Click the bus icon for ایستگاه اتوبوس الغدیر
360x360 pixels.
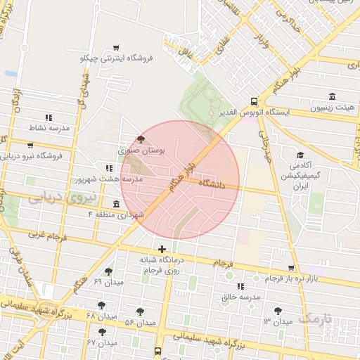[x=254, y=101]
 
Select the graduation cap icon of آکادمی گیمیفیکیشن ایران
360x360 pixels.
[x=300, y=155]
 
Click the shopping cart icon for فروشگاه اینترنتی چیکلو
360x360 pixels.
[x=115, y=48]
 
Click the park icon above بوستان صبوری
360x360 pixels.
[x=141, y=139]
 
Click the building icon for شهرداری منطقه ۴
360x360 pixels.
[x=115, y=204]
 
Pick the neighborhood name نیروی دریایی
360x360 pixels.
[x=60, y=198]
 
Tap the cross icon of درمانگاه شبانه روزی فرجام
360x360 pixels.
[x=162, y=249]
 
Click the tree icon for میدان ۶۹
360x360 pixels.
[x=108, y=271]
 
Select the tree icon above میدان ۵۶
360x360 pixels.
[x=141, y=311]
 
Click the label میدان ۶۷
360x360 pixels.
[x=101, y=342]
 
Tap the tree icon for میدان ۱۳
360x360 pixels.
[x=278, y=310]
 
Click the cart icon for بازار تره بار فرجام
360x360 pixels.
[x=291, y=269]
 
